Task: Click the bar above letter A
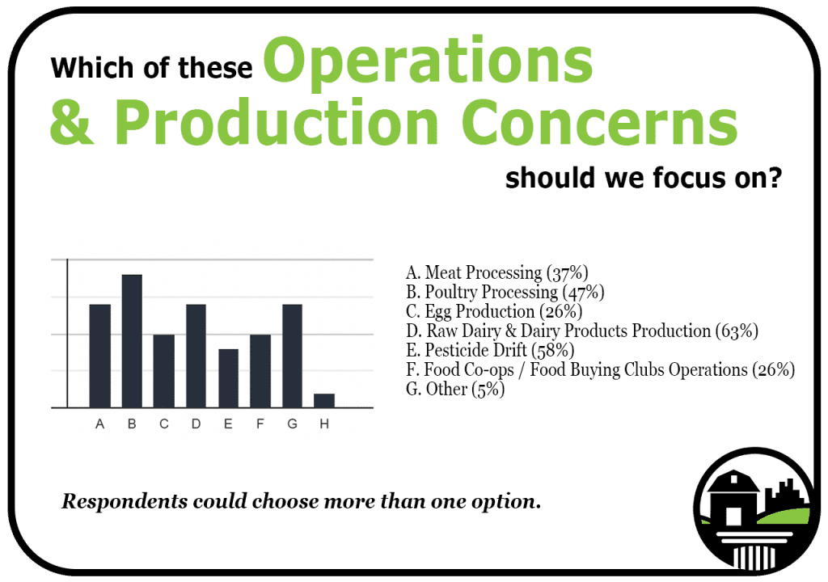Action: (x=99, y=356)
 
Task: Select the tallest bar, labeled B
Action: (x=132, y=341)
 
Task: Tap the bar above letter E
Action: (x=228, y=378)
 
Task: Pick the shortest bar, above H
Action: (x=324, y=401)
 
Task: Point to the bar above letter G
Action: (x=292, y=356)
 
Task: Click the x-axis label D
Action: (x=196, y=424)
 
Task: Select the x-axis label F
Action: (x=260, y=424)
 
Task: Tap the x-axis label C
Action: (x=163, y=424)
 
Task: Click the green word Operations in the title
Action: (x=429, y=61)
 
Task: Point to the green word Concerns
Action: (x=599, y=123)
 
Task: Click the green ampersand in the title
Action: (x=72, y=123)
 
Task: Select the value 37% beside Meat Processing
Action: (x=568, y=272)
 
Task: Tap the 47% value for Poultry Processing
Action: (x=584, y=292)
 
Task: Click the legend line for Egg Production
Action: (x=494, y=311)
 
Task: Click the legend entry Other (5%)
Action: (x=455, y=390)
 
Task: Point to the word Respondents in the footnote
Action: (x=125, y=501)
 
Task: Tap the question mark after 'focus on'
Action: (x=775, y=177)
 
